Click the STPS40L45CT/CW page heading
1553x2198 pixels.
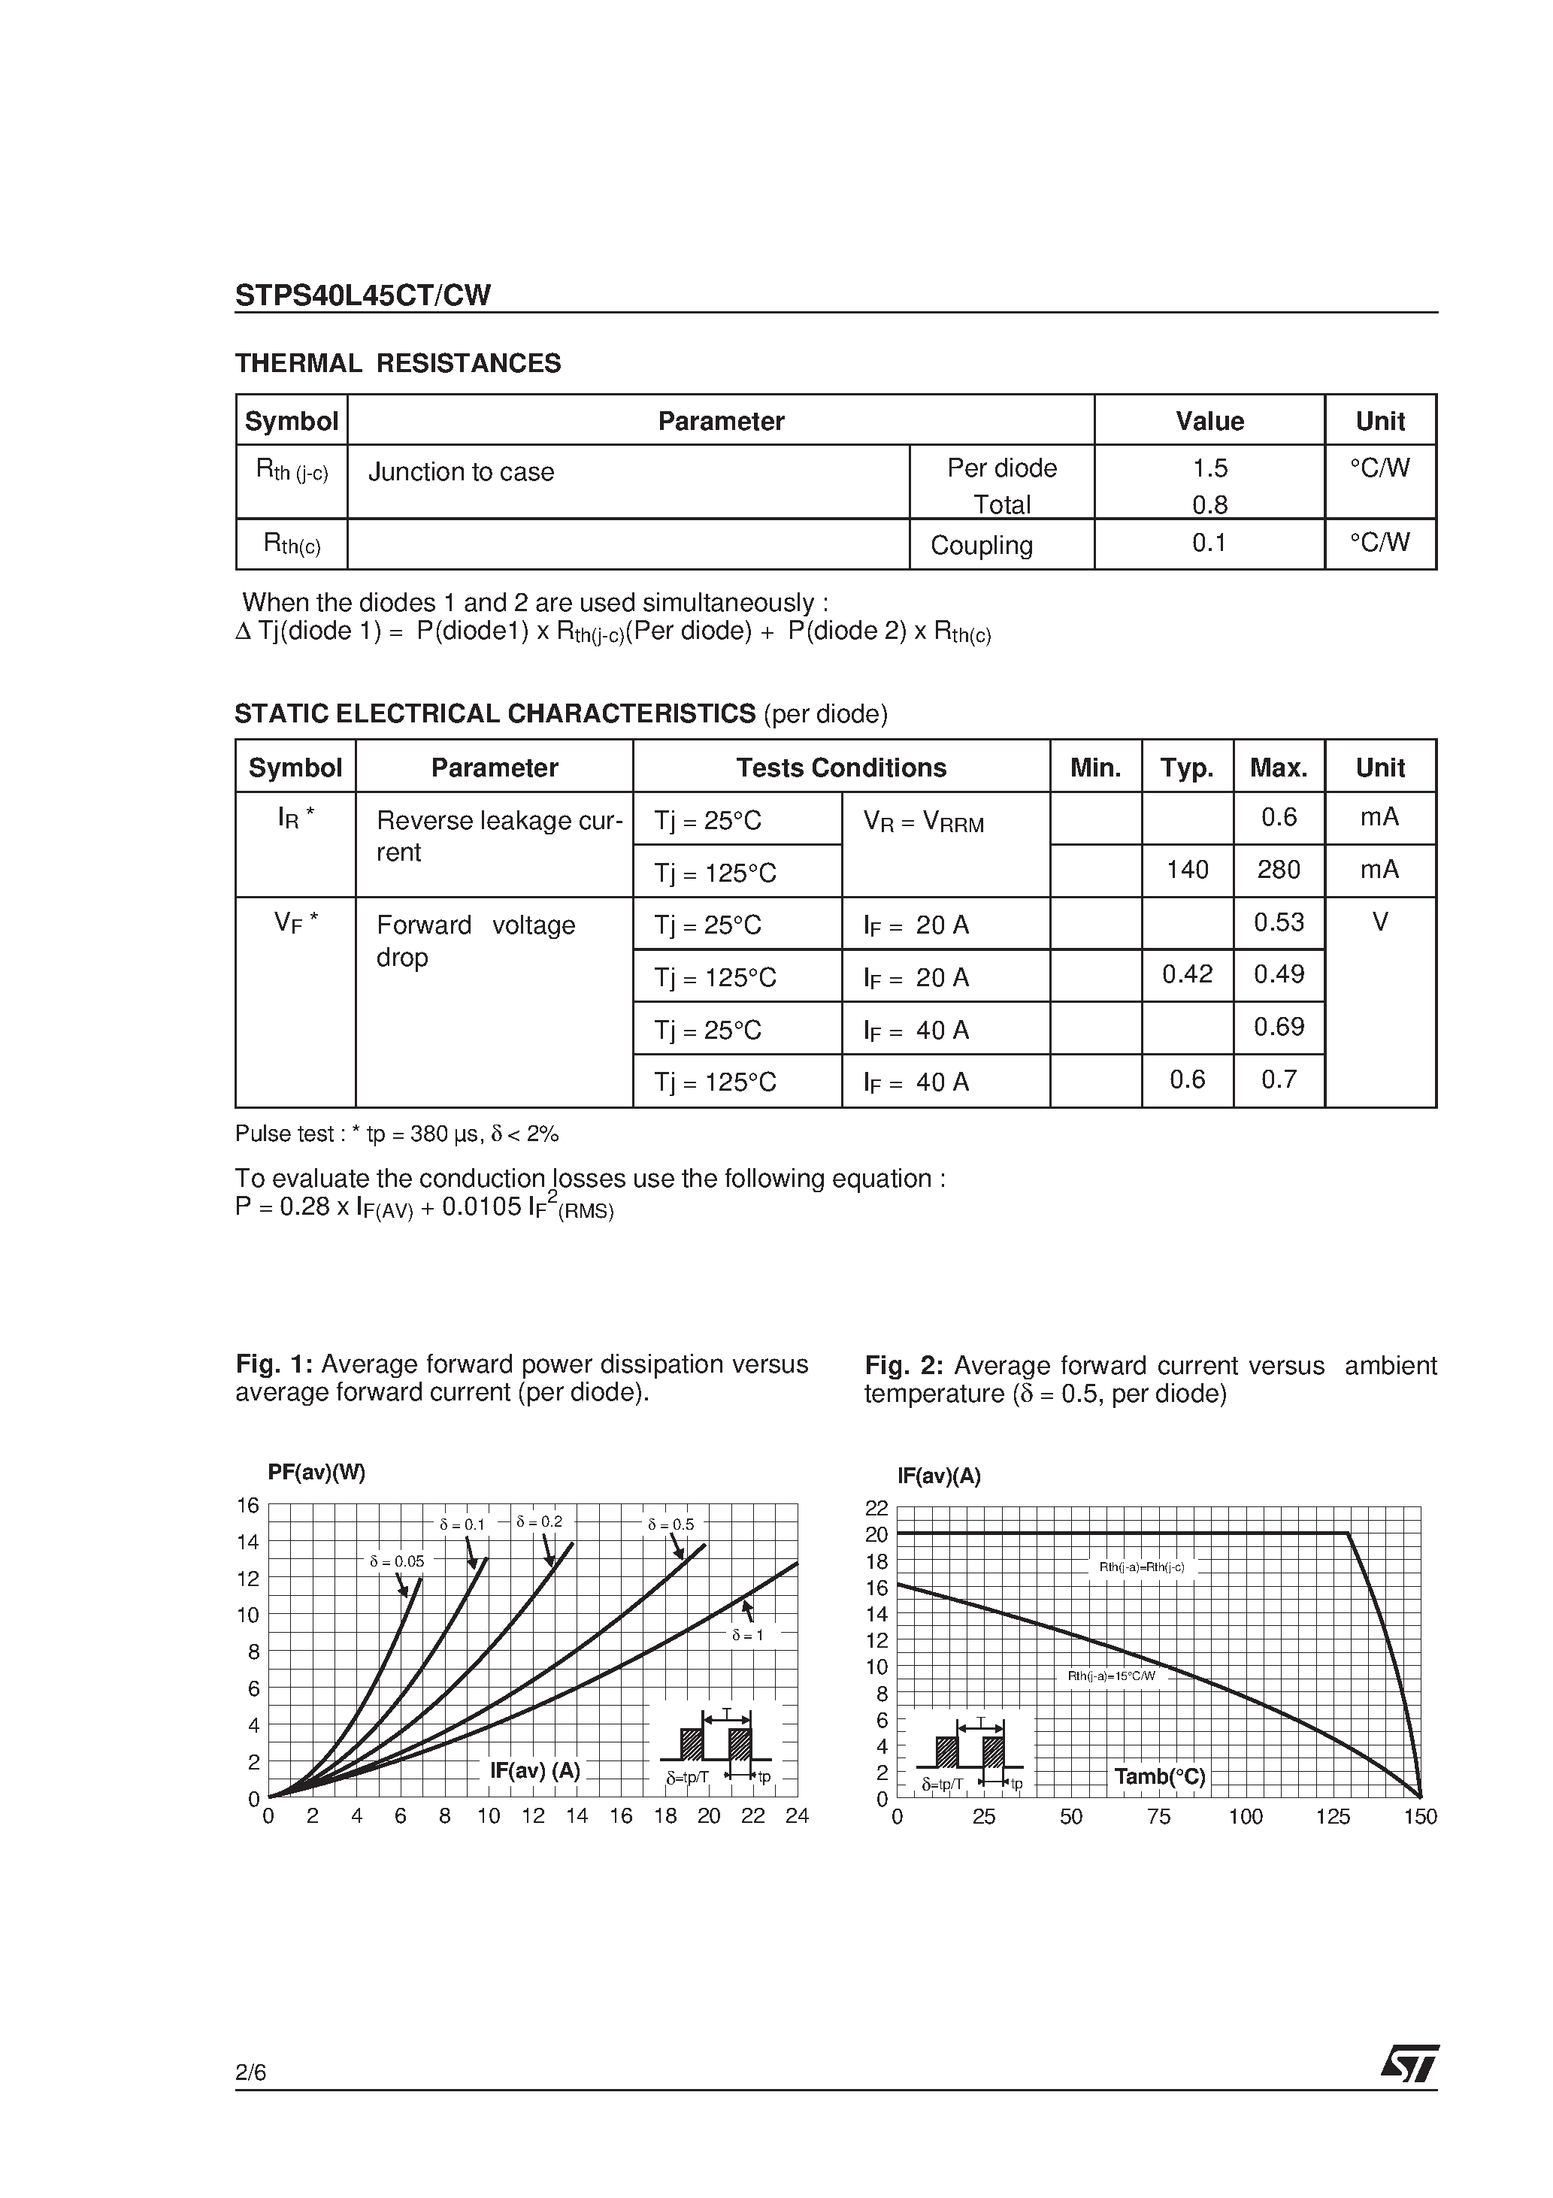point(363,296)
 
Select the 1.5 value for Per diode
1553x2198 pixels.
point(1209,468)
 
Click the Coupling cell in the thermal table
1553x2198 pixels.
point(982,546)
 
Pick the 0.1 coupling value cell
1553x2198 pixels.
point(1209,543)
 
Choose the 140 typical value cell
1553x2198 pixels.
point(1187,870)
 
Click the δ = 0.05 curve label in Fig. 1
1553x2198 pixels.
point(396,1561)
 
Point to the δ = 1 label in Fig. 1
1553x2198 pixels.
point(748,1635)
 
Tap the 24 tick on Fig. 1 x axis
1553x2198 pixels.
point(797,1816)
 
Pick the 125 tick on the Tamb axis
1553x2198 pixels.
point(1332,1817)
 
